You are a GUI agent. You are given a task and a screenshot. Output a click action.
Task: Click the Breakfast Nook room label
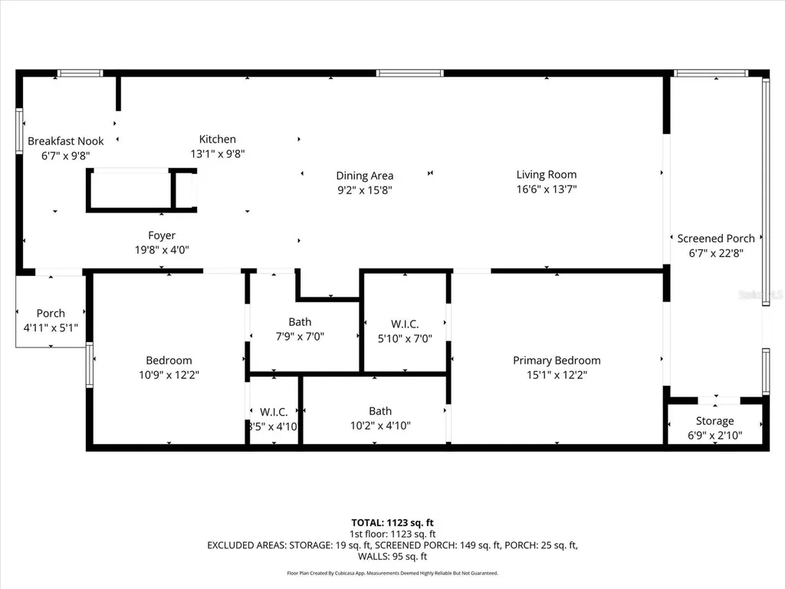click(65, 141)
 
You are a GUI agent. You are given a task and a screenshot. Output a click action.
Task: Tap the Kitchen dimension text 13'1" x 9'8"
click(218, 153)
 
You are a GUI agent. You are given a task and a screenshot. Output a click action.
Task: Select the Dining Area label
click(364, 176)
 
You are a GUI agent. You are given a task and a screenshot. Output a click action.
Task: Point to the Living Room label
click(546, 174)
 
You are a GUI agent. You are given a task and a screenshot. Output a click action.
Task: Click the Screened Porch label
click(715, 239)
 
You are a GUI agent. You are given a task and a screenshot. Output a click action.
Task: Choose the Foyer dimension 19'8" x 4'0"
click(162, 249)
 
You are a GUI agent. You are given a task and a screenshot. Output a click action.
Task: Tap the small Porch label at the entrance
click(51, 313)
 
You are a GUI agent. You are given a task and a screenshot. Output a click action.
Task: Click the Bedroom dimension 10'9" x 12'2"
click(169, 374)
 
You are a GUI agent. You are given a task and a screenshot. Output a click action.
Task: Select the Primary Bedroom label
click(557, 360)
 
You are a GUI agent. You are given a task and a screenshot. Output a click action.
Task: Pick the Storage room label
click(714, 421)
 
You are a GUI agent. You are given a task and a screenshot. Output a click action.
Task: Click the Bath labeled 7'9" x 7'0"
click(300, 328)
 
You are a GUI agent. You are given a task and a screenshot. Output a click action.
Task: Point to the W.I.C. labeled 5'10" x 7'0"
click(404, 331)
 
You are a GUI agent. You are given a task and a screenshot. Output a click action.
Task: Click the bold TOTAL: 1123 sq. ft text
click(392, 522)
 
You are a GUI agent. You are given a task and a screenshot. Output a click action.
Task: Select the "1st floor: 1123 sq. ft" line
click(392, 534)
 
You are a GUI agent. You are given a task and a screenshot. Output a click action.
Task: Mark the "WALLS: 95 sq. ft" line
click(392, 556)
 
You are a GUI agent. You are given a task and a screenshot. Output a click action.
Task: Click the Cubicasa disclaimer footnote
click(392, 573)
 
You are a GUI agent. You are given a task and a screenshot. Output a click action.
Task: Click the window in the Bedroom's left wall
click(90, 364)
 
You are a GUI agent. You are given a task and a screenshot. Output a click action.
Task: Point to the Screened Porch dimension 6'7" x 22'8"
click(715, 252)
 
